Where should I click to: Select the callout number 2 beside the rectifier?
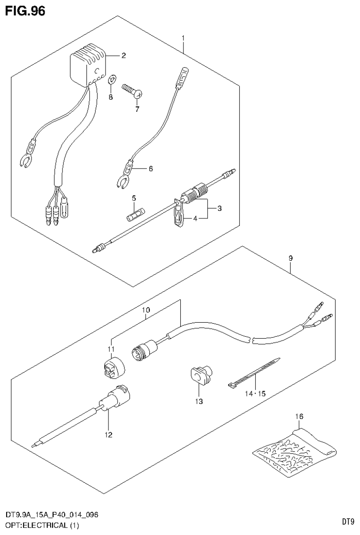coord(123,56)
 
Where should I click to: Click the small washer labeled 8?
coord(112,78)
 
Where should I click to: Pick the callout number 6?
coord(150,168)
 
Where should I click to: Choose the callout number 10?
coord(146,310)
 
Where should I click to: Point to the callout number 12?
coord(108,435)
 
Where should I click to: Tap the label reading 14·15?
coord(255,393)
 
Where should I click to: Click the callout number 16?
coord(299,416)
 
